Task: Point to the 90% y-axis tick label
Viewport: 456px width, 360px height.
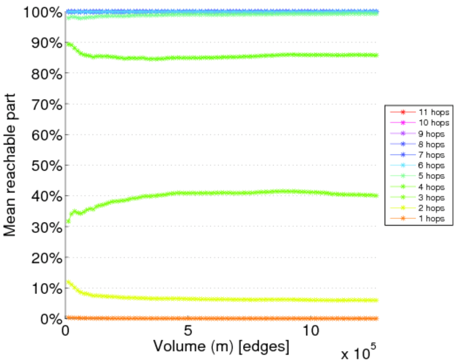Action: coord(44,43)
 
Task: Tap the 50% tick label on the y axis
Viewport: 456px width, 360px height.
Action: coord(44,166)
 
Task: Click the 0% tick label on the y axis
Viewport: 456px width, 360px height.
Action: coord(48,319)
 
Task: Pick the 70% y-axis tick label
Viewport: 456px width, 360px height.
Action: coord(44,104)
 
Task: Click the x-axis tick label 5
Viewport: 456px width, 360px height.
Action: coord(188,331)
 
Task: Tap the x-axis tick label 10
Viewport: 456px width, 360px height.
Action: coord(311,331)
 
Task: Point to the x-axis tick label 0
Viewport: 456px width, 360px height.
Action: coord(66,331)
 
